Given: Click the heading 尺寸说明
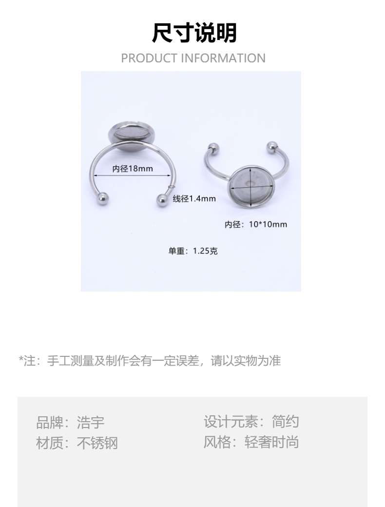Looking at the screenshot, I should point(194,33).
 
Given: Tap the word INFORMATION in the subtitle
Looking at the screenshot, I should point(223,58).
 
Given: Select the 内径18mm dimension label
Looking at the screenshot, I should point(133,169).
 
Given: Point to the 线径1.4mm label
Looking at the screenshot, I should point(194,198).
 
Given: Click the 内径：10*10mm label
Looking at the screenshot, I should point(256,224).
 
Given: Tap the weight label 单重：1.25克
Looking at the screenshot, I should point(193,251).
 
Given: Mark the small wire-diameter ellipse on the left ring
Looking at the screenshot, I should point(171,186).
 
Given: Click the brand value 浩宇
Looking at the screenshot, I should point(91,422).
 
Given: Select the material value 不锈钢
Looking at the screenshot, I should point(97,443).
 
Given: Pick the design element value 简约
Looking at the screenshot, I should point(286,422).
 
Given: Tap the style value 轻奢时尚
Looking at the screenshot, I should point(271,443).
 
